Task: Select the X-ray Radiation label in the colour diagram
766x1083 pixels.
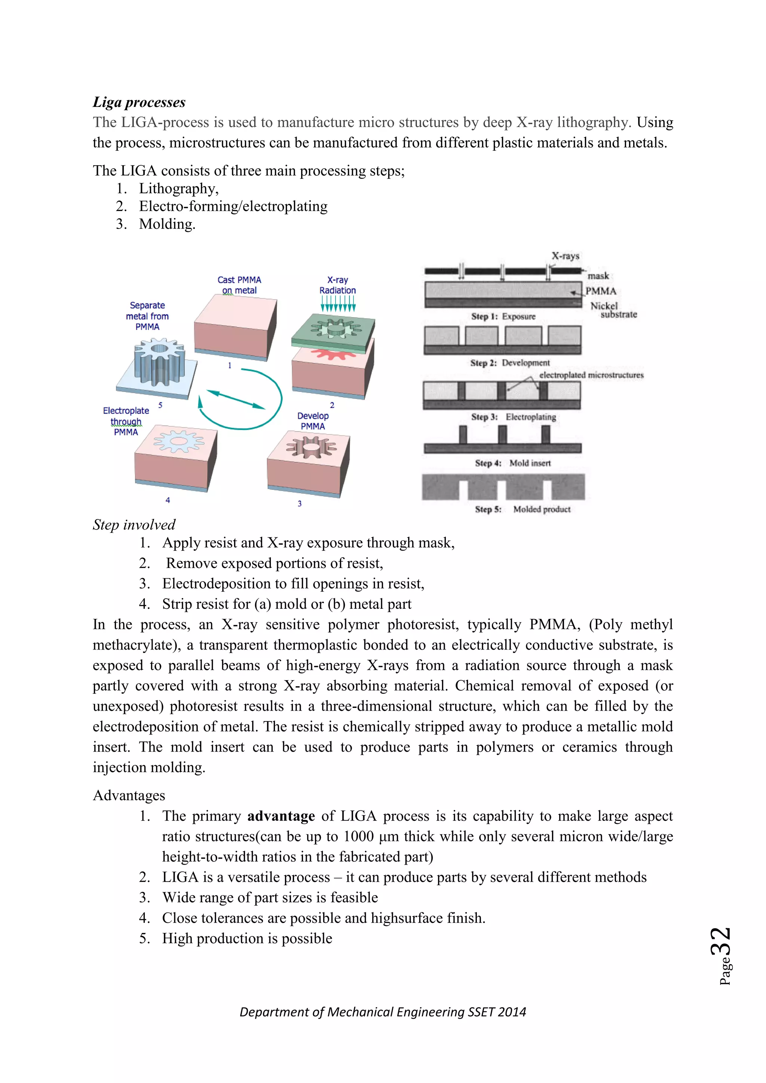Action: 337,285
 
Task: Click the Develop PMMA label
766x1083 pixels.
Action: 313,421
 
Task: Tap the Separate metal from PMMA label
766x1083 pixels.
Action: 147,316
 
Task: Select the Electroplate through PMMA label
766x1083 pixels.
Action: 126,421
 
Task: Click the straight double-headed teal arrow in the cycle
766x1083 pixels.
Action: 236,399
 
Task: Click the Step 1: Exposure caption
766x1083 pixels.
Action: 503,316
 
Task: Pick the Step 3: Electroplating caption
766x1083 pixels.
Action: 513,417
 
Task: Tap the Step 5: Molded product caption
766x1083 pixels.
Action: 523,509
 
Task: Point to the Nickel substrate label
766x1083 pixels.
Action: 613,310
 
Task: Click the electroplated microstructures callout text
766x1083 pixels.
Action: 591,375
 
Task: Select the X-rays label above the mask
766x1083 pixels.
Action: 565,256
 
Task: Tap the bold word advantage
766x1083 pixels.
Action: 281,816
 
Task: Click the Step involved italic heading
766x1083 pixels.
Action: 134,525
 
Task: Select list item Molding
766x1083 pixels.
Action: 167,224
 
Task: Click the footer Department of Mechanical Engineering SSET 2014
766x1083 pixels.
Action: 383,1012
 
